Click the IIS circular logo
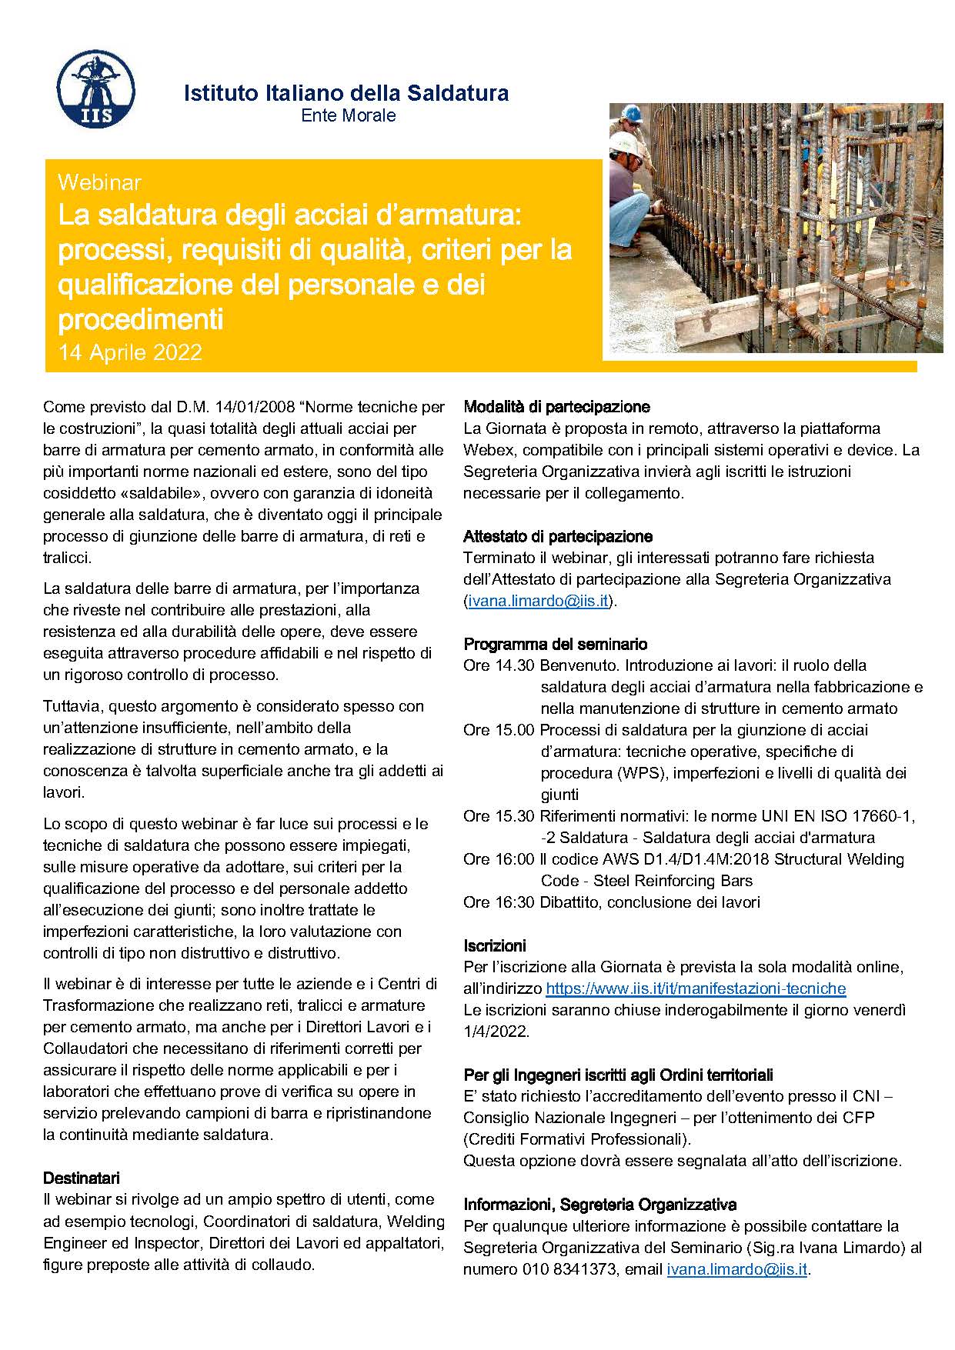coord(96,89)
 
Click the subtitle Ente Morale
coord(348,115)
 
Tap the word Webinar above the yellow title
coord(99,182)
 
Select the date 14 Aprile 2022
coord(130,352)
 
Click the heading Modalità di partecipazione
coord(556,407)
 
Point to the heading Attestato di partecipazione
coord(558,536)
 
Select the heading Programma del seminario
coord(555,644)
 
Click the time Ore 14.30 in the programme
coord(498,665)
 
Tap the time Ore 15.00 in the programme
coord(498,730)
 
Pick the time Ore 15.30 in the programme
coord(498,816)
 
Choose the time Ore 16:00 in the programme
coord(498,859)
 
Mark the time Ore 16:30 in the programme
coord(498,902)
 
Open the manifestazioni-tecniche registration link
coord(696,988)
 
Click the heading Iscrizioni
coord(495,945)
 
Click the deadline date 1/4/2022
coord(496,1032)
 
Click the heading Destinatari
coord(81,1178)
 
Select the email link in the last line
coord(737,1269)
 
